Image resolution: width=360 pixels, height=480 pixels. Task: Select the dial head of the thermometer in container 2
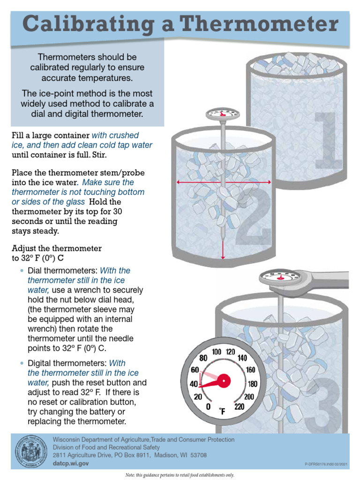pos(223,113)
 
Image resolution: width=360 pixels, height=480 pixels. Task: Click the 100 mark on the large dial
pos(217,352)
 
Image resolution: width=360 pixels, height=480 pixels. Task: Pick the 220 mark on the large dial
pos(239,406)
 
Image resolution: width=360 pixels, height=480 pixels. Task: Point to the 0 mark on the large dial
pos(208,407)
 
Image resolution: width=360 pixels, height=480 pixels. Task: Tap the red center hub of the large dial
pos(223,380)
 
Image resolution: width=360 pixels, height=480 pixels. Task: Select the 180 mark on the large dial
pos(252,384)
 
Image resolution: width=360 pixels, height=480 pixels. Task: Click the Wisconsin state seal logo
pos(31,453)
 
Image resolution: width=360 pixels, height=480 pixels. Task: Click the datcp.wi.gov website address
pos(70,463)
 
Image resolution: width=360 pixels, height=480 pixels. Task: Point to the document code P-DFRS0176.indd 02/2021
pos(326,464)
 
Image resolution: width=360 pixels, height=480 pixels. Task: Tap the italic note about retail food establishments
pos(180,475)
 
